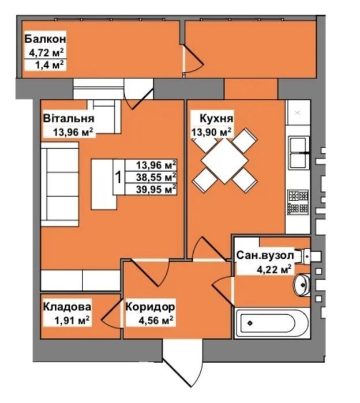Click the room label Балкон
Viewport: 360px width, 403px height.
tap(45, 39)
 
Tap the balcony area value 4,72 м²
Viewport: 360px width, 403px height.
tap(47, 52)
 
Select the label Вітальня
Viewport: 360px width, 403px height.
tap(69, 119)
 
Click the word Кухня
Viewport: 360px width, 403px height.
tap(216, 119)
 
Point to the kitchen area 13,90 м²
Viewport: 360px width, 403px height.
tap(211, 132)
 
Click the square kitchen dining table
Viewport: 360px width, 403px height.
tap(225, 161)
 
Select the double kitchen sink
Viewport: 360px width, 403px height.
tap(299, 153)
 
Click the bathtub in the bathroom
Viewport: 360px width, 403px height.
tap(272, 323)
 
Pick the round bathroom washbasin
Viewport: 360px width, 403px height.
tap(302, 285)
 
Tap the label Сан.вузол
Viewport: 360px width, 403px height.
tap(265, 255)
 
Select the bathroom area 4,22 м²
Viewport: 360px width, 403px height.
tap(274, 269)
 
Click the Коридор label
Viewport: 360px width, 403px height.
tap(150, 307)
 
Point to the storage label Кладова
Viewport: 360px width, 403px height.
tap(67, 307)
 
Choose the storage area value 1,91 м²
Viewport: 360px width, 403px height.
tap(72, 320)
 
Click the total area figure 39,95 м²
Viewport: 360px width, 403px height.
tap(156, 190)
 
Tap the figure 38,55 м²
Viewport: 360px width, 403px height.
tap(156, 177)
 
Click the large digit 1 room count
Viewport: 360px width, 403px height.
tap(118, 178)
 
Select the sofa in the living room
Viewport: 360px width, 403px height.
tap(59, 184)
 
